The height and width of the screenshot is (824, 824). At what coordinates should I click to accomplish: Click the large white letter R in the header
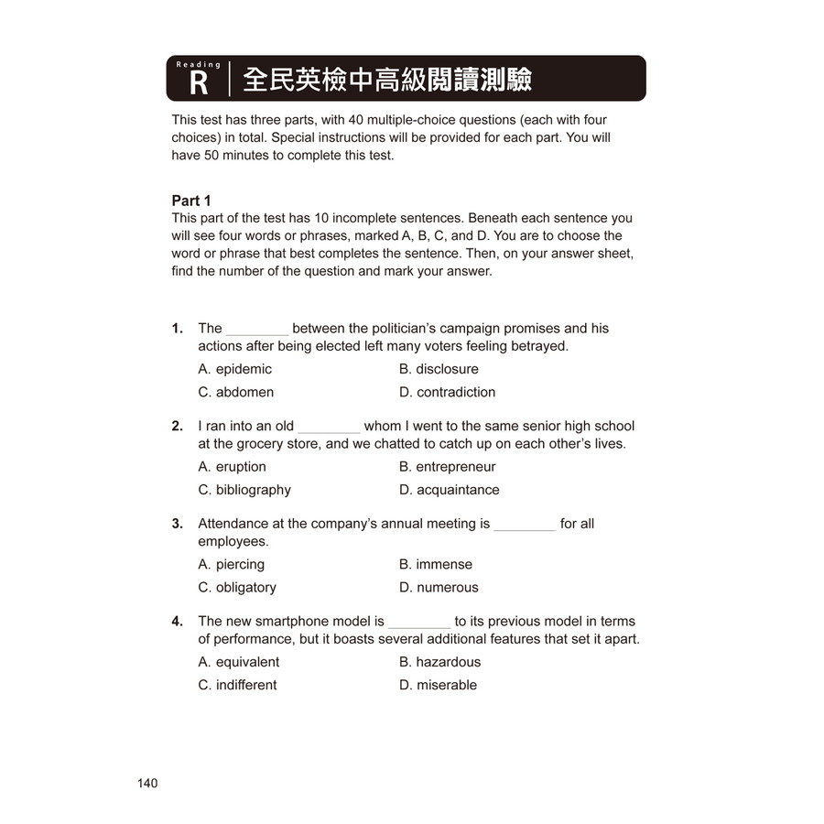tap(199, 85)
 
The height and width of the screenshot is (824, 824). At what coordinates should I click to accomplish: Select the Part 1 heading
tap(191, 201)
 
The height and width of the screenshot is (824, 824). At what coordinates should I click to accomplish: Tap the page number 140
tap(147, 783)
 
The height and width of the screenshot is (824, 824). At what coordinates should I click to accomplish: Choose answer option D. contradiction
tap(447, 392)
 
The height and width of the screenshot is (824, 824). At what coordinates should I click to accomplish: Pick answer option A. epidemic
tap(234, 369)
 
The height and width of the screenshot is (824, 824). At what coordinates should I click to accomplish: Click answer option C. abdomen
tap(235, 392)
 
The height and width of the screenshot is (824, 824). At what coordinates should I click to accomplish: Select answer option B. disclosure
tap(439, 369)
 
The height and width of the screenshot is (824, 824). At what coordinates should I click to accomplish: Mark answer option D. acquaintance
tap(449, 490)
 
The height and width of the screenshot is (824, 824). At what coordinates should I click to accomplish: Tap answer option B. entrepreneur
tap(447, 467)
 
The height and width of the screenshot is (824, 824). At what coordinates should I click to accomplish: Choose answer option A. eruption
tap(232, 467)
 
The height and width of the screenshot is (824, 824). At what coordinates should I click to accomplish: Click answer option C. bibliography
tap(244, 490)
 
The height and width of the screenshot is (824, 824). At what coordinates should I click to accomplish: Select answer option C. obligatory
tap(236, 588)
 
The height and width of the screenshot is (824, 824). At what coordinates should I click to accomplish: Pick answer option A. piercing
tap(231, 565)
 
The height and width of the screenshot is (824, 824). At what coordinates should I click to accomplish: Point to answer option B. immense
tap(435, 565)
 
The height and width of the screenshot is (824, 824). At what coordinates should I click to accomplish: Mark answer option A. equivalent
tap(238, 662)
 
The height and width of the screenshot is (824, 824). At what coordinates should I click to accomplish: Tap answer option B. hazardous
tap(439, 662)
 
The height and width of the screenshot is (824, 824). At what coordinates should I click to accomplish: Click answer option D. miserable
tap(438, 685)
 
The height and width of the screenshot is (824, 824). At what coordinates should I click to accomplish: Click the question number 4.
tap(177, 622)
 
